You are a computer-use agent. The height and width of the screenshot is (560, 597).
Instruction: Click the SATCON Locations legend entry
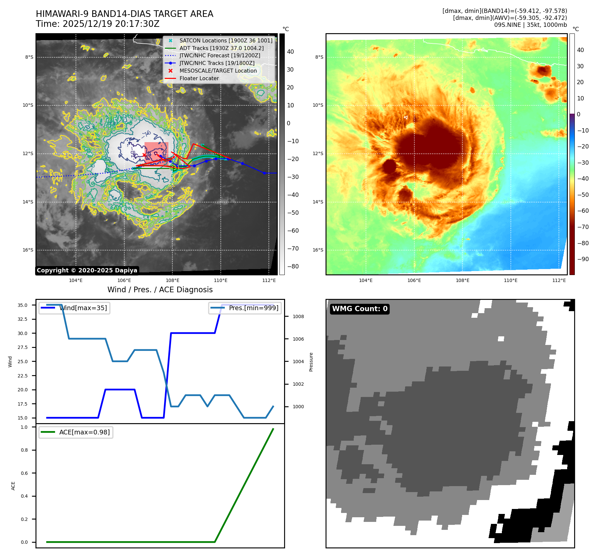226,41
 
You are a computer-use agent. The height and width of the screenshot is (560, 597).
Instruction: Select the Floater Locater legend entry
199,79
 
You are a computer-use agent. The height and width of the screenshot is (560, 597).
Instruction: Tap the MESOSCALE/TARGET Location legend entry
218,71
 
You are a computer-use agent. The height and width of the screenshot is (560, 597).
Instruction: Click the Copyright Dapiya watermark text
87,270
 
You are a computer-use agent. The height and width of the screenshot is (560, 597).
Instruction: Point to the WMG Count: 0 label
360,309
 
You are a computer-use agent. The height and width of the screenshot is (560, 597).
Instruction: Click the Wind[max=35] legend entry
83,308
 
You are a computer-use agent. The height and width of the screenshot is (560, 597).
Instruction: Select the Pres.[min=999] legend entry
254,308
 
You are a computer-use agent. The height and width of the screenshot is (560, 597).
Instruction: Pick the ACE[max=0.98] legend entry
84,432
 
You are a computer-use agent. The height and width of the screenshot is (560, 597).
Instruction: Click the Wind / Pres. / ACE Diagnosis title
160,290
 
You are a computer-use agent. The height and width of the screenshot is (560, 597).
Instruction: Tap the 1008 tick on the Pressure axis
298,317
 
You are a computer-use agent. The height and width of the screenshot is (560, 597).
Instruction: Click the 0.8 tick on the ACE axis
24,450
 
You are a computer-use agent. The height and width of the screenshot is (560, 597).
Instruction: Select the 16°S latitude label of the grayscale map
28,250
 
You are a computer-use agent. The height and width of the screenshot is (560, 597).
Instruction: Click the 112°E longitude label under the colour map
559,281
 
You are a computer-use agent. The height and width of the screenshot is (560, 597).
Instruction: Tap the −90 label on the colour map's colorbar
583,259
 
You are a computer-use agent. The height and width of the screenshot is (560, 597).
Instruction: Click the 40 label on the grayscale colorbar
290,52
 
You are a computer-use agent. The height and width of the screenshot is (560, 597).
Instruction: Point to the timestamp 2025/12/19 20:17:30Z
111,24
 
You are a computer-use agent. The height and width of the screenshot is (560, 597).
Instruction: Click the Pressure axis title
311,362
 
